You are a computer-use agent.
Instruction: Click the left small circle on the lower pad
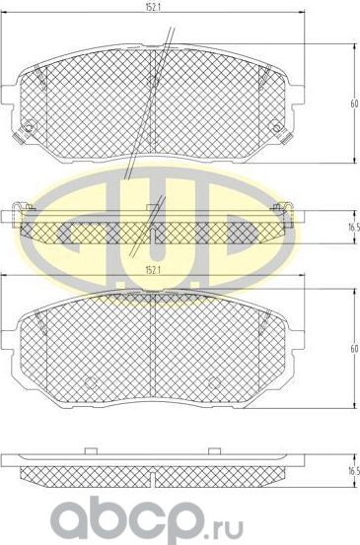90,383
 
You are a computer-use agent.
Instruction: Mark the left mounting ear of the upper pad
12,94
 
